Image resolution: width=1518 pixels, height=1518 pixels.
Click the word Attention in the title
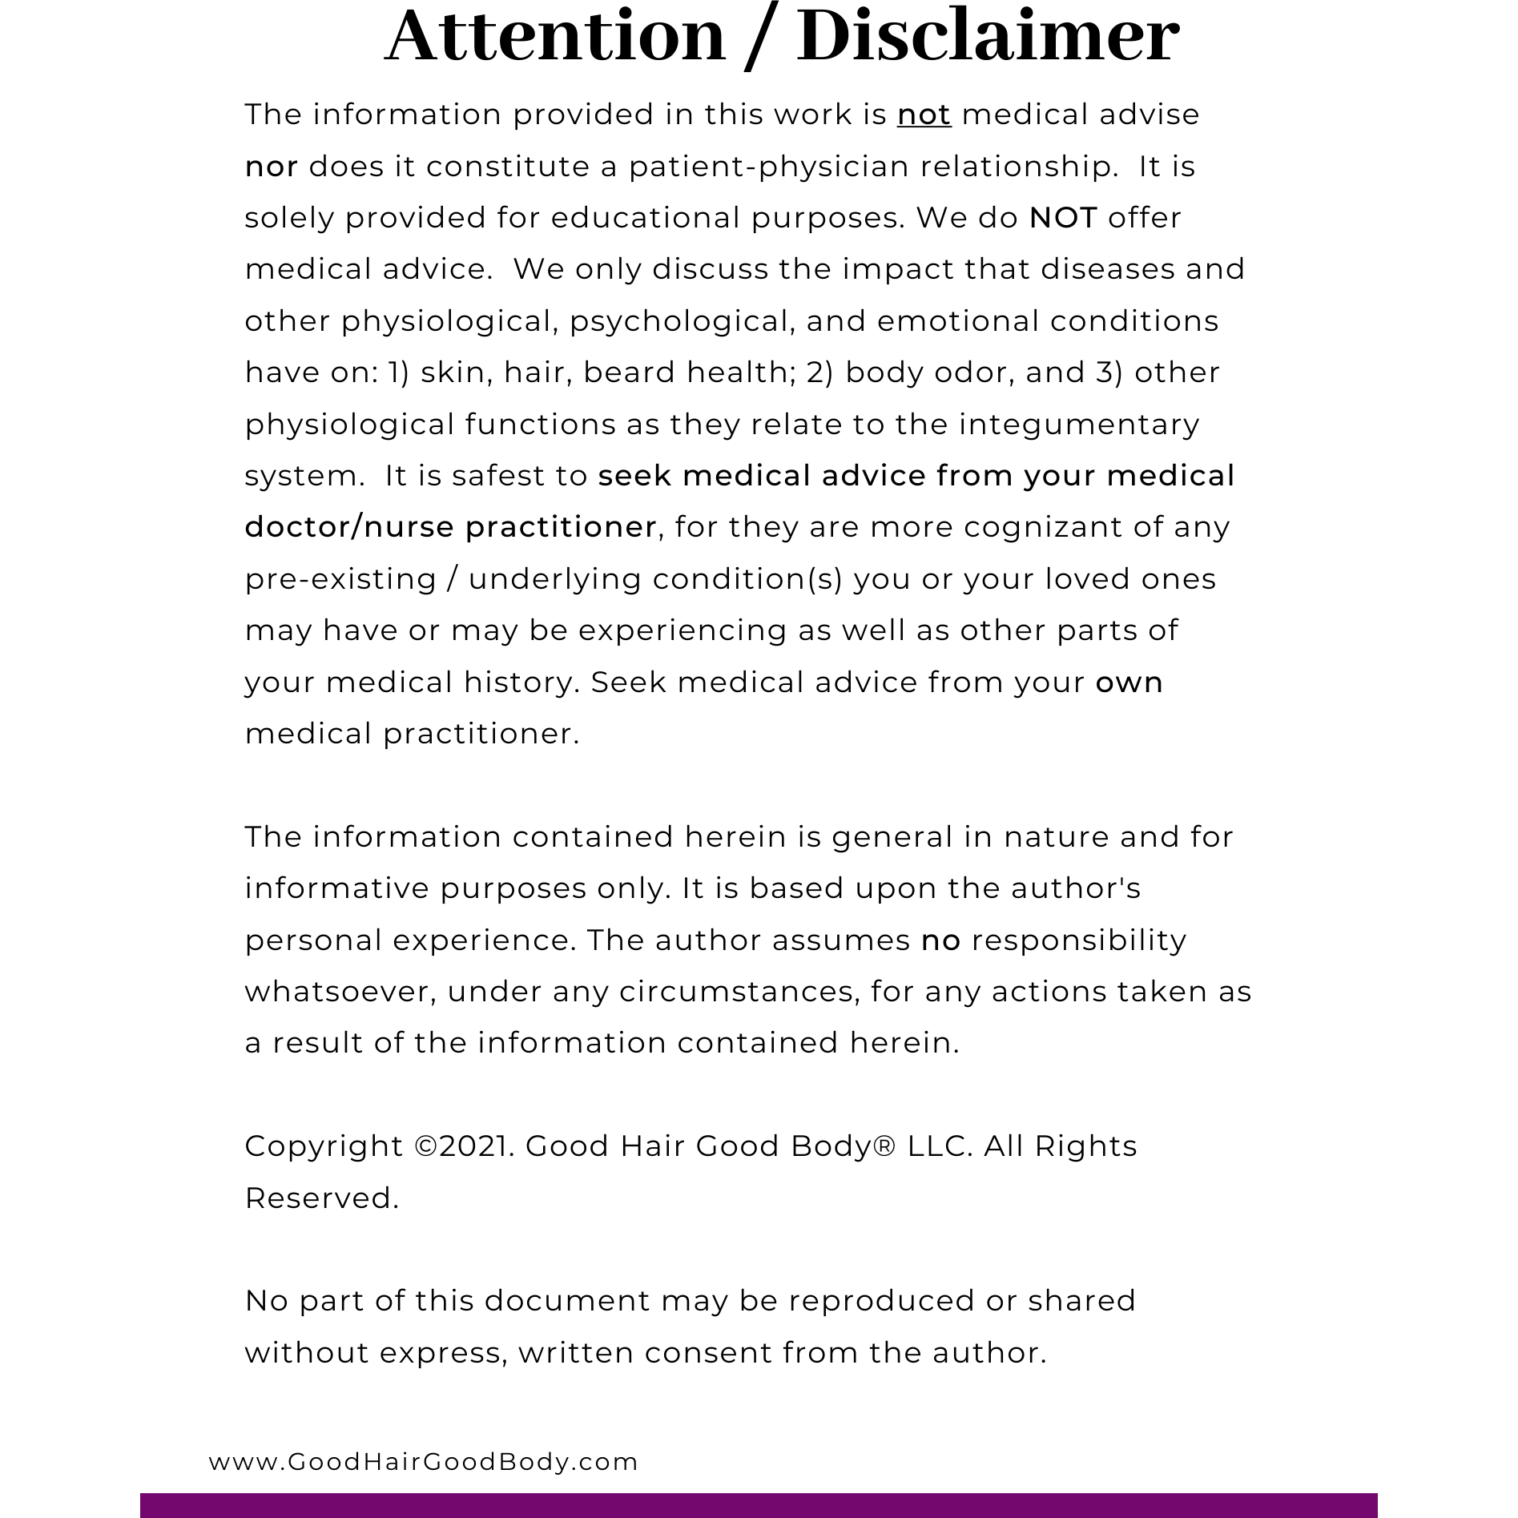coord(555,37)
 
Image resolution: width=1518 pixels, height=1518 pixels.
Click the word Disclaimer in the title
coord(988,37)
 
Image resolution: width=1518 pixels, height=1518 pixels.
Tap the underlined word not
coord(924,115)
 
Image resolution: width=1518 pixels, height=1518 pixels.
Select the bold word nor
coord(272,167)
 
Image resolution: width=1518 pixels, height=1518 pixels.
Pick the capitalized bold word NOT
coord(1063,218)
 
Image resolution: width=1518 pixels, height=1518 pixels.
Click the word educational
coord(645,218)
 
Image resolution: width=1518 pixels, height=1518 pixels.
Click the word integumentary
coord(1079,425)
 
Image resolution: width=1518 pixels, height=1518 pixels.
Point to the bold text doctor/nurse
coord(349,527)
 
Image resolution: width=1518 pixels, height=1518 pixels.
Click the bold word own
coord(1129,682)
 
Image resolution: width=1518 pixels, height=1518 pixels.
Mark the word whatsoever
coord(340,992)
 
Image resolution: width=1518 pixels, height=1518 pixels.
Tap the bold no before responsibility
coord(940,940)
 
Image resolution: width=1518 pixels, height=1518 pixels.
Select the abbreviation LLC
coord(940,1146)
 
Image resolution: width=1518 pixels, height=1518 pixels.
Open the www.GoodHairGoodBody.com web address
coord(423,1462)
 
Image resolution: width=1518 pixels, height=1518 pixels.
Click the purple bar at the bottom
coord(759,1504)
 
